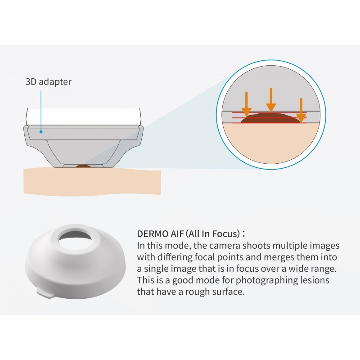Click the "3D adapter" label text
tap(49, 82)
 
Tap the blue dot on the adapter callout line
tap(41, 132)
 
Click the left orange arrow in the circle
tap(246, 105)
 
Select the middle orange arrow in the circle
tap(271, 100)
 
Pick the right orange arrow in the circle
tap(301, 110)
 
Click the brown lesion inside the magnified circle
tap(270, 118)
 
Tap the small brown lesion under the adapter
tap(83, 166)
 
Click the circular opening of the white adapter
tap(75, 239)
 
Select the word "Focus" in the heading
tap(226, 234)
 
